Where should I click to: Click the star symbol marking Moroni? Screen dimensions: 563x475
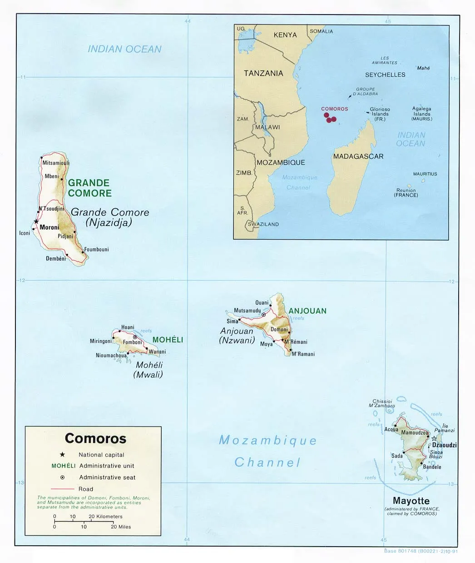(36, 221)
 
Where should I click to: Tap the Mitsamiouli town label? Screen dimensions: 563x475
(56, 163)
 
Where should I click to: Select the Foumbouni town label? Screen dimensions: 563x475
(96, 249)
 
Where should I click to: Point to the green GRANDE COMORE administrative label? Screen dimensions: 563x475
(89, 188)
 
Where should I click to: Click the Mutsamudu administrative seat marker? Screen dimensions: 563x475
(263, 315)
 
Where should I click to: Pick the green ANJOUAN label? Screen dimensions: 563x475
(307, 311)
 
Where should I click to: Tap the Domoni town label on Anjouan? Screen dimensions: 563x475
(279, 329)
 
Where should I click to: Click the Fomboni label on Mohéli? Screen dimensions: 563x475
(133, 342)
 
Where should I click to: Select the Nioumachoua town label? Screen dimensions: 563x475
(111, 356)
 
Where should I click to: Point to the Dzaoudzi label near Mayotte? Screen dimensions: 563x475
(444, 445)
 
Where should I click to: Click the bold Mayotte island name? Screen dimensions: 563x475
(411, 501)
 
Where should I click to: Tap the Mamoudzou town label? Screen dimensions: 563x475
(415, 432)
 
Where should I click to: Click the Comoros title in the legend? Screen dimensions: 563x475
(95, 438)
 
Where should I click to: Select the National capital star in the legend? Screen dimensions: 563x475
(62, 454)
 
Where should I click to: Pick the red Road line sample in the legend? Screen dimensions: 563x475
(63, 489)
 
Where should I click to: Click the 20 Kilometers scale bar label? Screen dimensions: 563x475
(105, 516)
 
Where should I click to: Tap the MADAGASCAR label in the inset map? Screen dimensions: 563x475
(358, 156)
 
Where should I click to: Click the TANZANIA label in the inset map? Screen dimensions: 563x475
(263, 73)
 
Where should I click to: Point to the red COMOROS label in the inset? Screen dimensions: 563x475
(334, 109)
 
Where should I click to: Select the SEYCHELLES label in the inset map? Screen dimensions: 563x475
(385, 75)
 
